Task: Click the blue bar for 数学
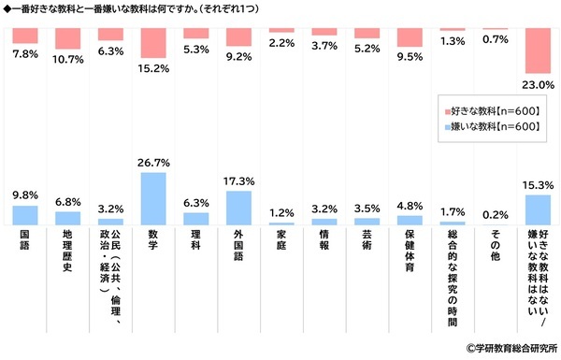153,198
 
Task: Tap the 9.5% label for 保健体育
410,57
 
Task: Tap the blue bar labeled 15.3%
539,210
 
